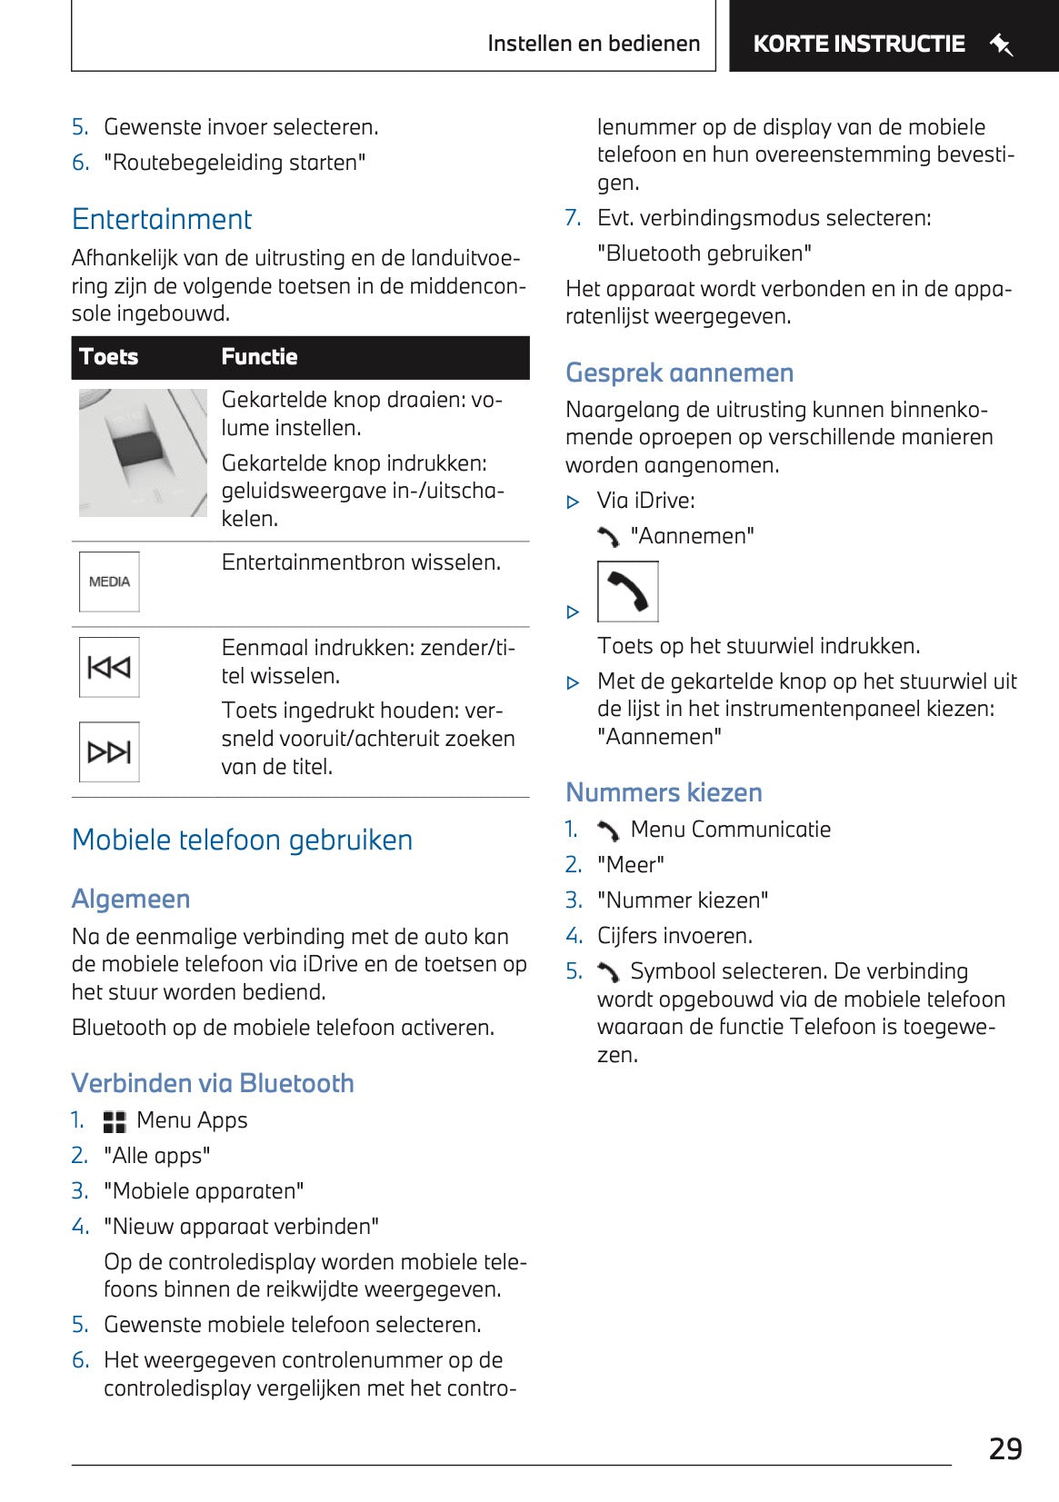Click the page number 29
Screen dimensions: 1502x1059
tap(1005, 1448)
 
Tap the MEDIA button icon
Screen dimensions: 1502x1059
tap(109, 582)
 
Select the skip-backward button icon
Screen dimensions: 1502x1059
tap(109, 668)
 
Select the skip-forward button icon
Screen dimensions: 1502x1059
tap(109, 751)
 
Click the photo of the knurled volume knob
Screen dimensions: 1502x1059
tap(143, 453)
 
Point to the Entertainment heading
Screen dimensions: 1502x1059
tap(162, 219)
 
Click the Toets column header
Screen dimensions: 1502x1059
tap(109, 357)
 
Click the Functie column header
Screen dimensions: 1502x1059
tap(259, 357)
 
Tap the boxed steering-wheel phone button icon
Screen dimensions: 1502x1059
tap(627, 592)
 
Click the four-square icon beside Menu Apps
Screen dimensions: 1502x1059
tap(115, 1122)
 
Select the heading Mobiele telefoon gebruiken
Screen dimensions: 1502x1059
tap(242, 840)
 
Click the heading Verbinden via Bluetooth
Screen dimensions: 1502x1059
tap(213, 1083)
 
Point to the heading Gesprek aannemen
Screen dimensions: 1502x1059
tap(679, 373)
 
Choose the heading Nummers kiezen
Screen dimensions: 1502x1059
tap(664, 792)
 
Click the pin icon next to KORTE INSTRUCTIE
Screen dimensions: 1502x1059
tap(1001, 45)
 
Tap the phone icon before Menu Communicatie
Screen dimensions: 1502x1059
tap(608, 831)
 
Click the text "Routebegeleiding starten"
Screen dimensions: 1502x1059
tap(235, 163)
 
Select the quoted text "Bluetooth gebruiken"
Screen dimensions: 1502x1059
tap(704, 254)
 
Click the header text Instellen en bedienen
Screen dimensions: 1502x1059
tap(594, 44)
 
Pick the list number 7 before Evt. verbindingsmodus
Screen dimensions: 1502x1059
tap(573, 218)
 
